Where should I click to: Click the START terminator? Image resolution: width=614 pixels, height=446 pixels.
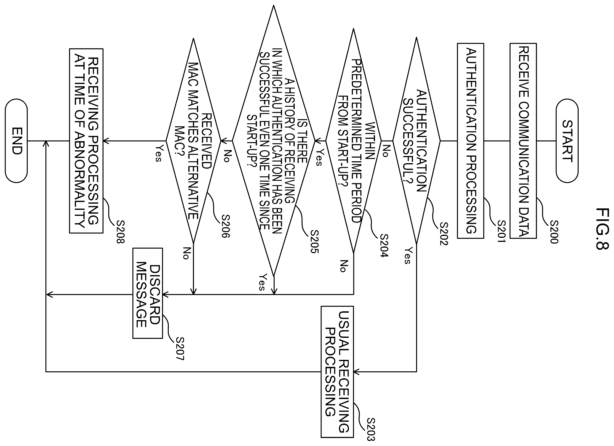point(567,141)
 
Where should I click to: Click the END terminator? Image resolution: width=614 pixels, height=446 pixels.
point(16,141)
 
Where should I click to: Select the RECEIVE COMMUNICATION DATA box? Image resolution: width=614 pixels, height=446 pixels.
point(523,141)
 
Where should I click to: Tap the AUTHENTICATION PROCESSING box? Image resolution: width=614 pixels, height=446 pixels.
point(471,141)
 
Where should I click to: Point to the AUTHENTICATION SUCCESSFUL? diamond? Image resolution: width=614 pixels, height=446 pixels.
point(416,141)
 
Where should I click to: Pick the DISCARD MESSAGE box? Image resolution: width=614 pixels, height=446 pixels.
point(147,293)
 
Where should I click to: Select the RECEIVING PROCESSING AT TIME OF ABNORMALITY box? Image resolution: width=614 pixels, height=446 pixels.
point(86,141)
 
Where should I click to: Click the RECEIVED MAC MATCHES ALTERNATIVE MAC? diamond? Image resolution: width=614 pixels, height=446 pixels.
point(193,141)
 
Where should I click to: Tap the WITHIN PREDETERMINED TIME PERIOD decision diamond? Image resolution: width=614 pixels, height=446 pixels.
point(353,141)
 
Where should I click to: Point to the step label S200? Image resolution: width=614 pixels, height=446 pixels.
point(554,232)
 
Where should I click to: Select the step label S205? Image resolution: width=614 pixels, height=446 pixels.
point(314,242)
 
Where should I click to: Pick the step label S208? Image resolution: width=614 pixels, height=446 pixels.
point(120,232)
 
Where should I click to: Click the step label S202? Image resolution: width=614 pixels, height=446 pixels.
point(444,234)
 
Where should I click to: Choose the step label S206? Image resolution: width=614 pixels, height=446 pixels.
point(226,226)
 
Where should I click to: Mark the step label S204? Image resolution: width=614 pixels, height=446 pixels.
point(384,245)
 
